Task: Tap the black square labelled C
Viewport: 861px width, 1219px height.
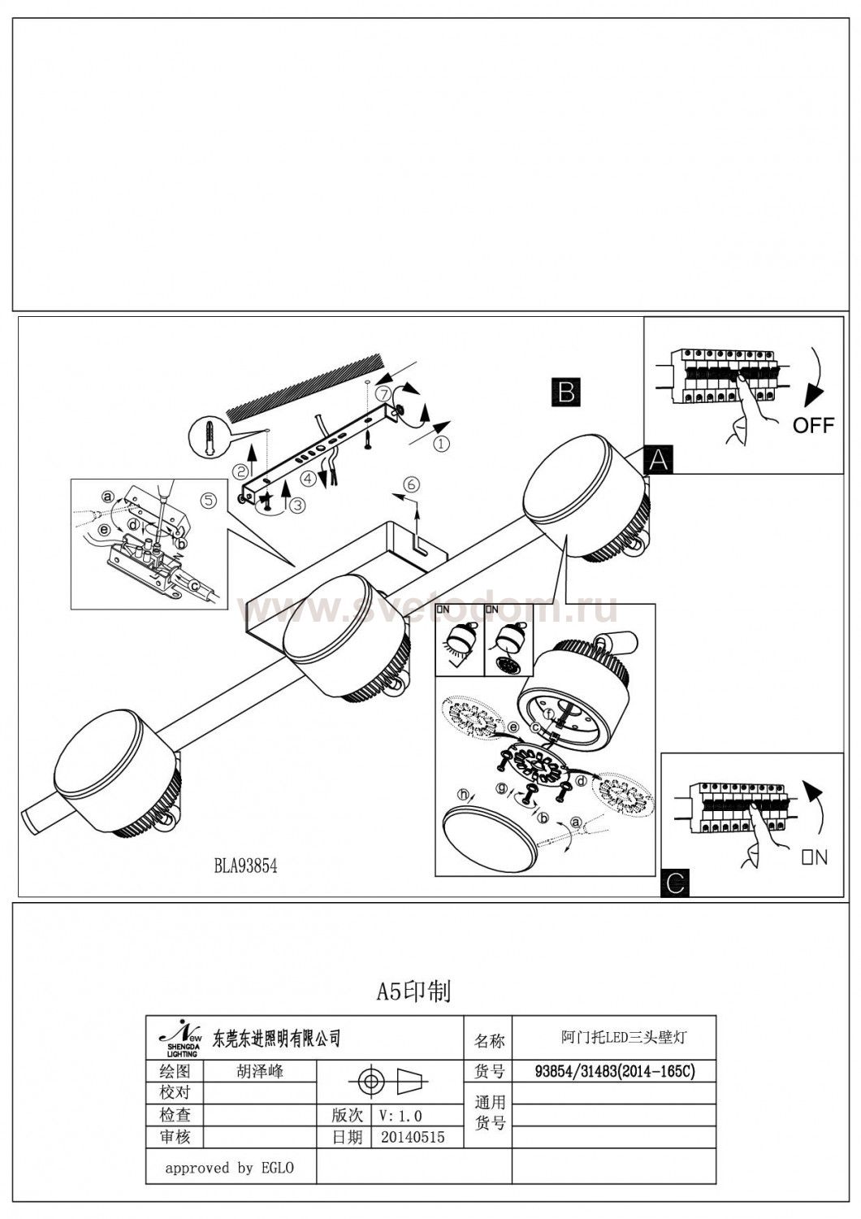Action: [676, 881]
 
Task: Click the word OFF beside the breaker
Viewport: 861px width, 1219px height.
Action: [813, 425]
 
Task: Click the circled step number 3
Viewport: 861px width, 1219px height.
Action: [297, 505]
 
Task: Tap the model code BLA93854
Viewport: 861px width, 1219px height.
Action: [245, 866]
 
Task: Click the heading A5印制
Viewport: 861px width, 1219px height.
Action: [413, 991]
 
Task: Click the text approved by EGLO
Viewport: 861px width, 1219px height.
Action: [229, 1169]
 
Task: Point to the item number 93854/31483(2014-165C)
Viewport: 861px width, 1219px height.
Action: [615, 1072]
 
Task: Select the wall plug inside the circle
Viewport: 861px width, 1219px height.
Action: [210, 440]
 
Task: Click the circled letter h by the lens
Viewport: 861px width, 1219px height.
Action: [464, 794]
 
